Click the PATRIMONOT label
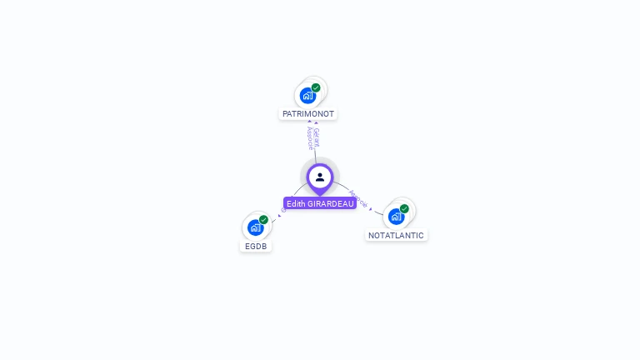[x=308, y=113]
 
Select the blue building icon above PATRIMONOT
[x=308, y=96]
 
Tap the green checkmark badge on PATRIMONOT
[x=316, y=87]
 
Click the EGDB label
[x=256, y=246]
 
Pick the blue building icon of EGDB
[x=255, y=227]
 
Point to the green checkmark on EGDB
[x=263, y=220]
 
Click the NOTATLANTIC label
[x=396, y=235]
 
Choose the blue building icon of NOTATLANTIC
[x=396, y=217]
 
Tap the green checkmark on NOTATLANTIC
[x=404, y=209]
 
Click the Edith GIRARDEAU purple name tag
[x=320, y=203]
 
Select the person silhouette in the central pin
[x=320, y=177]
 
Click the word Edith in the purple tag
[x=296, y=203]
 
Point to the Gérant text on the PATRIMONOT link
[x=316, y=136]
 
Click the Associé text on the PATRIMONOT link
[x=309, y=137]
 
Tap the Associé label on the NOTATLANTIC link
[x=358, y=198]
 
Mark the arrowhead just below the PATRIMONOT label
[x=310, y=122]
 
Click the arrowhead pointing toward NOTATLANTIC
[x=371, y=209]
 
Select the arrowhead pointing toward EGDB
[x=279, y=217]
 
